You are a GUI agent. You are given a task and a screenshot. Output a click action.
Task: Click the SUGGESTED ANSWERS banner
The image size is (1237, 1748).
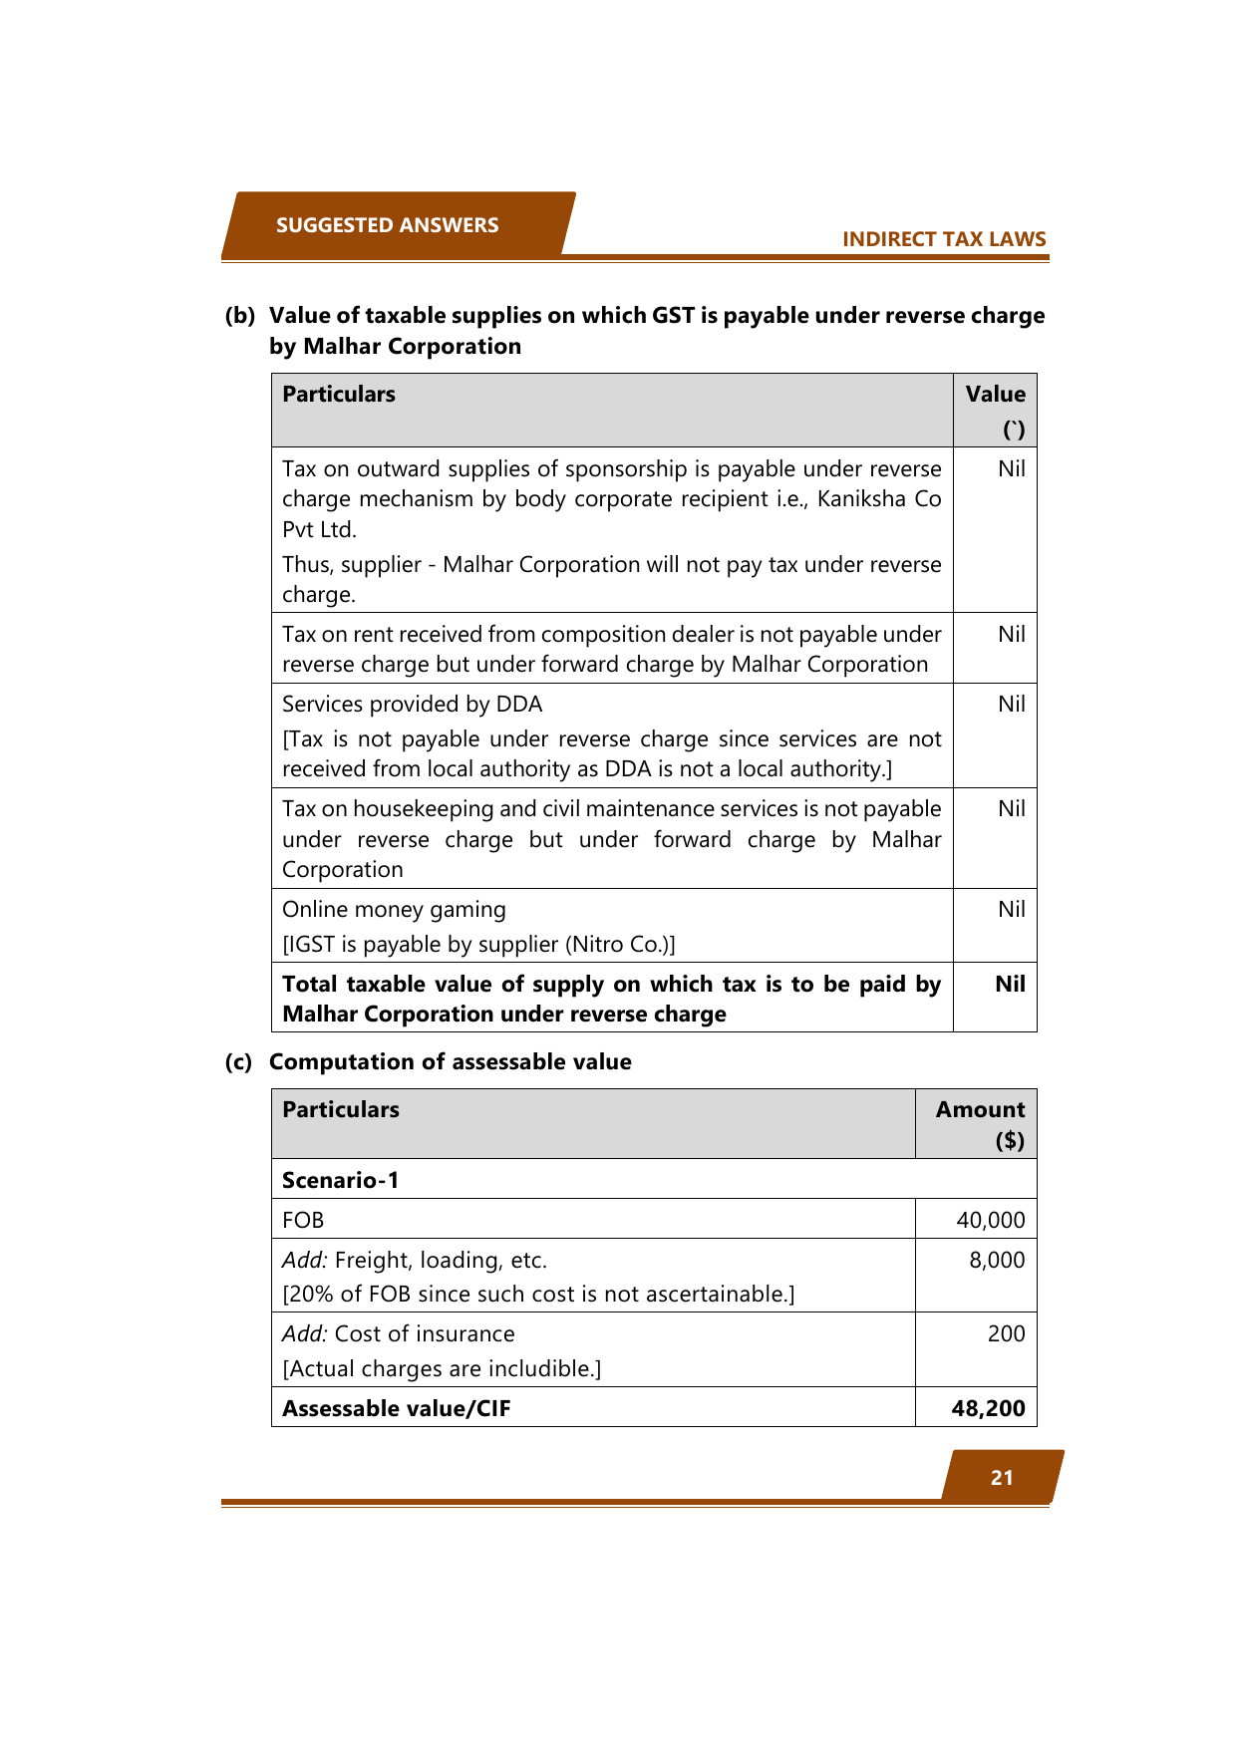tap(387, 225)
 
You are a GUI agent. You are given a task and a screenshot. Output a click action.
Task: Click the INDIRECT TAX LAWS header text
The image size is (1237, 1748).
tap(944, 239)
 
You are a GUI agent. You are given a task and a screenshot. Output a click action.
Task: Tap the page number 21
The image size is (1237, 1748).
tap(1002, 1478)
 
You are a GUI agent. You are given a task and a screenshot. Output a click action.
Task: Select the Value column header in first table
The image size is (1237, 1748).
tap(995, 395)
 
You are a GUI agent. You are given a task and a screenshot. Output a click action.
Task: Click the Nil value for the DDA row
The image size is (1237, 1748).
tap(1011, 705)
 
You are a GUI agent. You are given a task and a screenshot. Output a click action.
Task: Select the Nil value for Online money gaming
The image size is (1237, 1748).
tap(1011, 910)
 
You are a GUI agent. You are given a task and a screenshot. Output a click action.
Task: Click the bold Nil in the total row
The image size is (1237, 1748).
tap(1010, 985)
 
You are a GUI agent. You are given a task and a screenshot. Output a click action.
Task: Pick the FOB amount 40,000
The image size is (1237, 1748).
tap(990, 1221)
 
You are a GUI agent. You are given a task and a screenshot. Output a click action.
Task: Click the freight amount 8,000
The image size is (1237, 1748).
tap(997, 1261)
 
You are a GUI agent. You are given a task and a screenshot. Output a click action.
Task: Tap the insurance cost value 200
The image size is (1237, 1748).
tap(1006, 1334)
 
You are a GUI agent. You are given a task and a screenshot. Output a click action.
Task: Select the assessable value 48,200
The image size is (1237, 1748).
tap(988, 1409)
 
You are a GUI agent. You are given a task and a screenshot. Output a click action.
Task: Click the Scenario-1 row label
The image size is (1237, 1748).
tap(341, 1181)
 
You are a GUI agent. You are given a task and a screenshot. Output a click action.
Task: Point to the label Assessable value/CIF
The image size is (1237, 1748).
tap(396, 1409)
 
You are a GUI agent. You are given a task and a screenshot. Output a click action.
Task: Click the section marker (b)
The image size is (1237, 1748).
tap(239, 316)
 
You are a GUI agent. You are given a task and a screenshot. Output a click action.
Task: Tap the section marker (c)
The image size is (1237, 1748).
tap(238, 1062)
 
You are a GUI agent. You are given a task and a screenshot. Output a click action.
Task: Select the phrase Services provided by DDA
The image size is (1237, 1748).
tap(412, 705)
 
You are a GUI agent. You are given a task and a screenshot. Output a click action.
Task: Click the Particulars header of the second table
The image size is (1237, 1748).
tap(341, 1110)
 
